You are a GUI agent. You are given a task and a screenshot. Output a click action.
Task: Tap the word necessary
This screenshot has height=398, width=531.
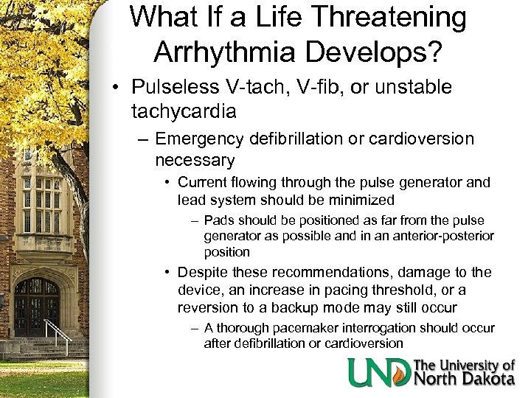point(195,160)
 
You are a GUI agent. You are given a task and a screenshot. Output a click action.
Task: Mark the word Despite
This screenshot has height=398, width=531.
point(202,272)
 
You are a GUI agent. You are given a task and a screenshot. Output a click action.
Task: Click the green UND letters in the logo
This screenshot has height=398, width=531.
point(378,372)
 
